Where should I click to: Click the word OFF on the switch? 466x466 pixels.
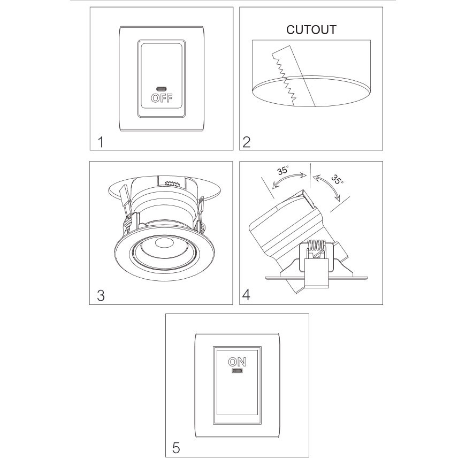click(x=162, y=98)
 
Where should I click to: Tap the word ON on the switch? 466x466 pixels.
click(x=237, y=362)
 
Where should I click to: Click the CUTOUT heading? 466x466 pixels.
click(x=311, y=30)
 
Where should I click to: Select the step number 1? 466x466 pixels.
click(x=101, y=142)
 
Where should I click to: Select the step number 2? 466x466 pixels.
click(x=246, y=142)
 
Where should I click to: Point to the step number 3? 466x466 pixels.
click(x=101, y=296)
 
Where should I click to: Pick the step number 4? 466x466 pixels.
click(x=246, y=295)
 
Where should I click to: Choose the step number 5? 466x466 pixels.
click(x=176, y=448)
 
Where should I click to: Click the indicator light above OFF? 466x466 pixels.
click(x=162, y=89)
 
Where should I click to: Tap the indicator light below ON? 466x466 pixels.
click(x=237, y=371)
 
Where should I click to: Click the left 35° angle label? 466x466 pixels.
click(x=282, y=170)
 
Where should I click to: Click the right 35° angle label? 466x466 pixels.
click(x=337, y=179)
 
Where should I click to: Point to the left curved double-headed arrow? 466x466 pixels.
click(x=288, y=179)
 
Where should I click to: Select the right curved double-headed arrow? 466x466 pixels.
click(x=331, y=185)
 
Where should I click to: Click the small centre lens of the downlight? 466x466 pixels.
click(x=164, y=242)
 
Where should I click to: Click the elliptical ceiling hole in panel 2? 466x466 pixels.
click(x=311, y=91)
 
